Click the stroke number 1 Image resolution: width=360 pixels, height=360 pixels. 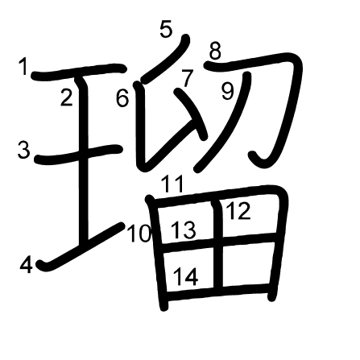(x=23, y=68)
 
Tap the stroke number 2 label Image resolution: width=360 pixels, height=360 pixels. (x=67, y=97)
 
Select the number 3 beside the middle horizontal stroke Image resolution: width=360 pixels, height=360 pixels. (x=23, y=150)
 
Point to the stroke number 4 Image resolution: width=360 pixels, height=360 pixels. (x=27, y=265)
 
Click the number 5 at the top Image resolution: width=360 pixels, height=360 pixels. (x=166, y=29)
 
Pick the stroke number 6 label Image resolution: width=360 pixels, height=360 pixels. (x=122, y=98)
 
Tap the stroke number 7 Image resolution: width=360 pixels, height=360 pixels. (x=188, y=78)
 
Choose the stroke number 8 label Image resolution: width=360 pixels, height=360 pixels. (x=215, y=51)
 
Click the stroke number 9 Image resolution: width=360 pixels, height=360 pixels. (x=228, y=92)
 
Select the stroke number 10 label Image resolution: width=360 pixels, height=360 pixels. (x=139, y=234)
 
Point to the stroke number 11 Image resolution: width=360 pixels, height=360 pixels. (x=173, y=184)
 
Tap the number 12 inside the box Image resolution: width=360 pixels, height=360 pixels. (x=238, y=211)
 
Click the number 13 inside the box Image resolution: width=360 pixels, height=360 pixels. (x=184, y=230)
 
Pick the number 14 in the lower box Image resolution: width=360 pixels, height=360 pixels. (x=186, y=276)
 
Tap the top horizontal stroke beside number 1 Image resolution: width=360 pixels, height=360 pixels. (x=79, y=72)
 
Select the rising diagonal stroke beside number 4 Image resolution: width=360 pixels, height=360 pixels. (x=81, y=246)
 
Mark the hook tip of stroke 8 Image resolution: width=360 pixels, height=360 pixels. (x=253, y=155)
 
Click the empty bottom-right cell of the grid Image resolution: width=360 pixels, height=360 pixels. (x=246, y=263)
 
